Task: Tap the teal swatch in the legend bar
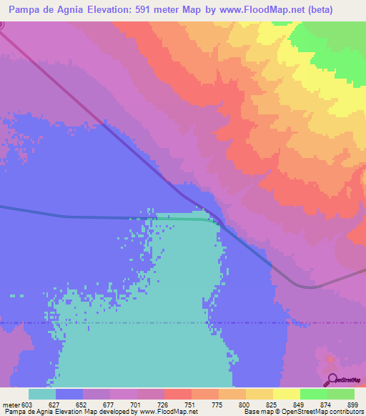click(x=42, y=394)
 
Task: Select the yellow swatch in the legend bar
click(x=287, y=394)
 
